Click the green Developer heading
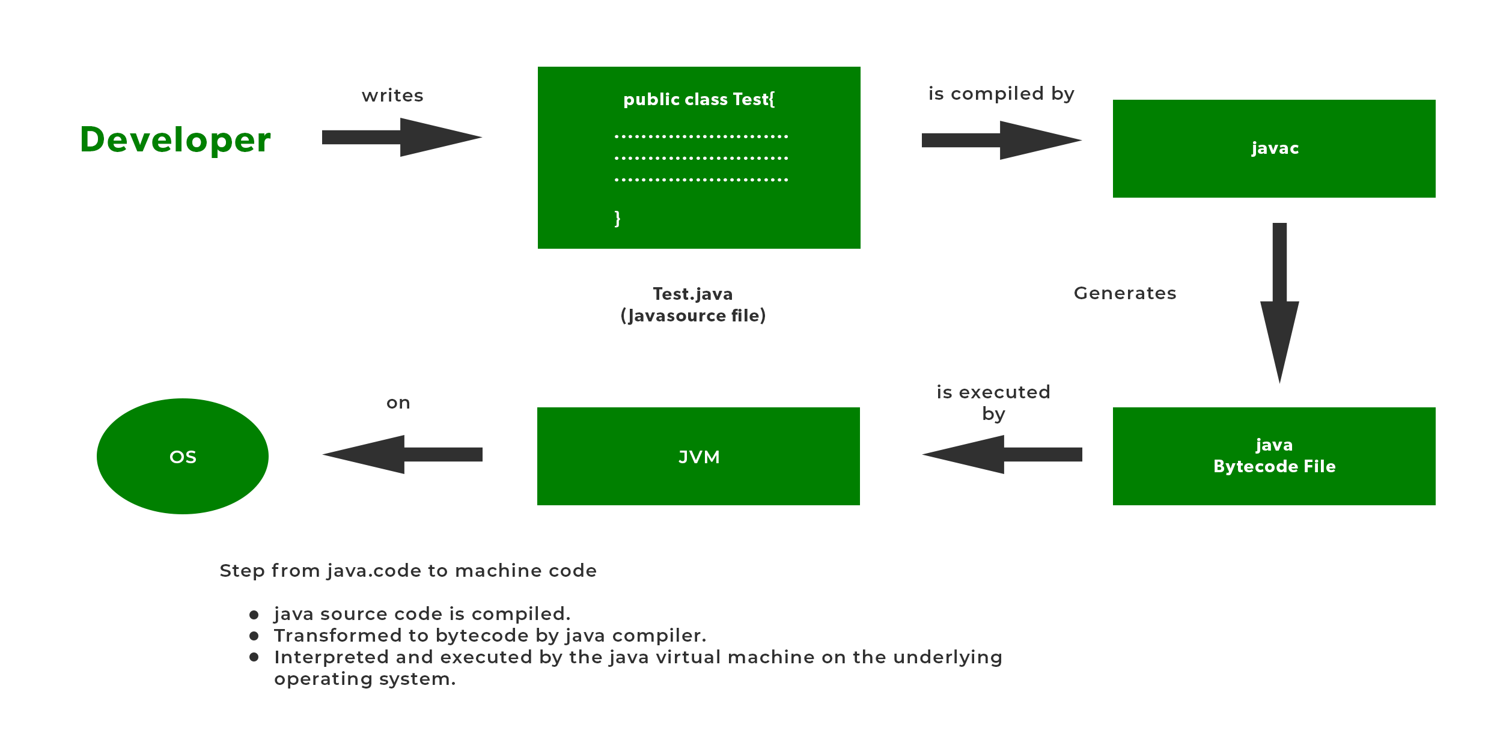(175, 140)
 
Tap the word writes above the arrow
(392, 96)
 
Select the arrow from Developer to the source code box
(401, 138)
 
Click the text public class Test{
(698, 99)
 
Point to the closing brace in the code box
(617, 217)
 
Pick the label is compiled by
(1001, 94)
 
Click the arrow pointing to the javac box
(1001, 141)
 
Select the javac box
(1273, 148)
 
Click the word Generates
(1124, 293)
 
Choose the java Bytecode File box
(1273, 456)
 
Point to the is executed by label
(993, 403)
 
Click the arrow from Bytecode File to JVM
(1002, 455)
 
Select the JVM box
(698, 457)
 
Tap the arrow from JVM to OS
(402, 455)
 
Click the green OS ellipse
(183, 457)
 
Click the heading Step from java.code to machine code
(408, 571)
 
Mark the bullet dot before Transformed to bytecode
(254, 636)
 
